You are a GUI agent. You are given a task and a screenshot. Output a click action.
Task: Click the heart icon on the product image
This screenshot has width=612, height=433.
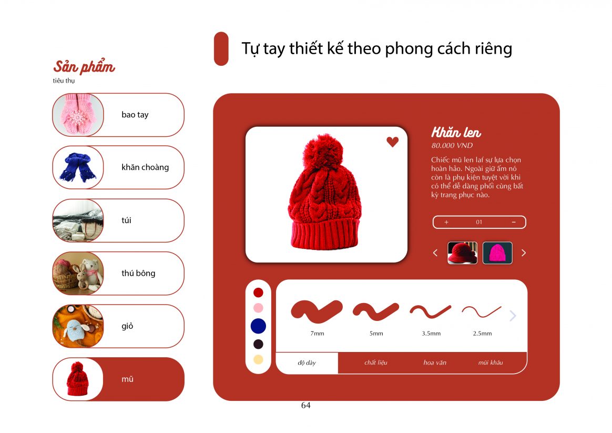[393, 142]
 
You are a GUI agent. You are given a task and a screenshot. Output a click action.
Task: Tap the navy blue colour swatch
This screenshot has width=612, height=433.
[258, 326]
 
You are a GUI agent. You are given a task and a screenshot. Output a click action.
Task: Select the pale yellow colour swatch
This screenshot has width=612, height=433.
[258, 359]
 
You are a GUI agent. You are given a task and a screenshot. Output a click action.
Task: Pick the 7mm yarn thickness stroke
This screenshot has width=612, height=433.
[317, 311]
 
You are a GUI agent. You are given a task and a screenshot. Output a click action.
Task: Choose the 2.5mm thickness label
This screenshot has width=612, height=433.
[483, 334]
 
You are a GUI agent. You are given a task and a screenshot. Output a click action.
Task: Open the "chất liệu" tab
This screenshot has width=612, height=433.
[376, 362]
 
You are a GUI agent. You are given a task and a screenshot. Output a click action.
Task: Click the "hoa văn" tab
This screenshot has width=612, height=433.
[435, 362]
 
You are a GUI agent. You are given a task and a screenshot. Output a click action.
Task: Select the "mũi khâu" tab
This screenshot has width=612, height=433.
[491, 362]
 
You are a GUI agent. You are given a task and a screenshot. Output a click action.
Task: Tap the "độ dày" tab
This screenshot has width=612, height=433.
[307, 362]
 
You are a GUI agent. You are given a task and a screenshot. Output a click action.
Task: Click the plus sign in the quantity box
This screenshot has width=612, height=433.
[446, 222]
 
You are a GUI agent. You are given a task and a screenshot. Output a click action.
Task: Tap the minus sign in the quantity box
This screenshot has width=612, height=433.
[514, 222]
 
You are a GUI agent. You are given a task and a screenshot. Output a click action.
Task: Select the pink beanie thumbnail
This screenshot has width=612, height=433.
[497, 253]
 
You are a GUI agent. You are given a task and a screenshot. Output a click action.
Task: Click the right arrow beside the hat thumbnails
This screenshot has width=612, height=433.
[524, 253]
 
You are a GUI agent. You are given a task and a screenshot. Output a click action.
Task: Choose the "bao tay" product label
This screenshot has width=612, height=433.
[135, 115]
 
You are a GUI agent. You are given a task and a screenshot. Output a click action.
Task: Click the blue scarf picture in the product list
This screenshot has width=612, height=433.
[78, 167]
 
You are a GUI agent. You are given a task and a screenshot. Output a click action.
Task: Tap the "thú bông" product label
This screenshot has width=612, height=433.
[139, 273]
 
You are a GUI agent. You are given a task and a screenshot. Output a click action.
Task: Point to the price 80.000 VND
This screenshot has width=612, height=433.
[452, 146]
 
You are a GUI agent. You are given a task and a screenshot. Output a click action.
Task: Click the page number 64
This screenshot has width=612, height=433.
[306, 405]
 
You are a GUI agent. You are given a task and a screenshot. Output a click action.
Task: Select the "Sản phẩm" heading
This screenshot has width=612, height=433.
[84, 67]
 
